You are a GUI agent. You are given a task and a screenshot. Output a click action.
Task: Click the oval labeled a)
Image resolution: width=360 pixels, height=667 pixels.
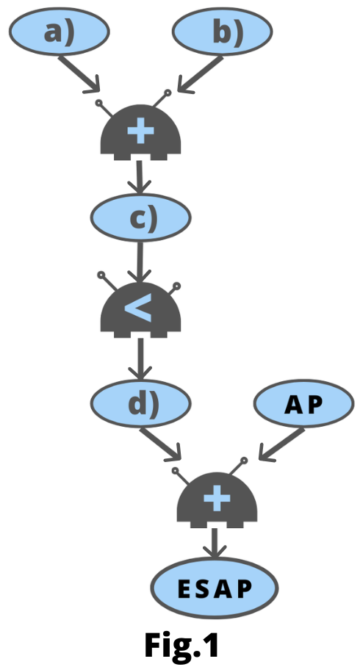(x=60, y=32)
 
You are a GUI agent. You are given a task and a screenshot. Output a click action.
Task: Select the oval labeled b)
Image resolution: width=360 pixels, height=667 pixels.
(x=222, y=32)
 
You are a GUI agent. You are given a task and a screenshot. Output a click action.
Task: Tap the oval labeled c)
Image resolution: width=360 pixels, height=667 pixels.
(x=140, y=217)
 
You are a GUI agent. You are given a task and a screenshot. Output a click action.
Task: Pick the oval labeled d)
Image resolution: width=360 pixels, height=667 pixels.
(x=140, y=403)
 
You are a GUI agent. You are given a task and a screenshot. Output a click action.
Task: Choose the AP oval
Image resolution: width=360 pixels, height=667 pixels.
(x=304, y=403)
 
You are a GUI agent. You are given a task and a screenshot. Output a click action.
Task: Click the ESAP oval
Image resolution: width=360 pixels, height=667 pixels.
(x=215, y=588)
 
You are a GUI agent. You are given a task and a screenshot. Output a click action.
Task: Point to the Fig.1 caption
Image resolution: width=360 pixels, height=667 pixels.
(x=181, y=645)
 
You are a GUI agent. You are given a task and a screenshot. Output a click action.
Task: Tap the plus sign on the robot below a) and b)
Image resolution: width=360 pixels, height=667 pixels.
(x=140, y=132)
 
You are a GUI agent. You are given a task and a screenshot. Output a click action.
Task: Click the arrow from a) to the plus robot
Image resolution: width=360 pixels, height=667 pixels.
(x=79, y=74)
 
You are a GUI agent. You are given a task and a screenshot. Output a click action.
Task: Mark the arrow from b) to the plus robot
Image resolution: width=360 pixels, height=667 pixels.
(x=200, y=75)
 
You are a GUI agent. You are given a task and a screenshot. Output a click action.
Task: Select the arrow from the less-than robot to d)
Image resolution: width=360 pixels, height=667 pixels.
(x=140, y=358)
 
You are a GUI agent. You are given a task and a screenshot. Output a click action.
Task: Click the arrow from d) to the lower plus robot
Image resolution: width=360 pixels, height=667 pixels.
(x=161, y=444)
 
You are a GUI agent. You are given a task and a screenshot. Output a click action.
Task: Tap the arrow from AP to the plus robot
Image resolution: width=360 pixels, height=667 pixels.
(x=281, y=445)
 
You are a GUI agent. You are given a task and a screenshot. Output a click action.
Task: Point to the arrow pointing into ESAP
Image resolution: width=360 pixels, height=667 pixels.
(x=215, y=543)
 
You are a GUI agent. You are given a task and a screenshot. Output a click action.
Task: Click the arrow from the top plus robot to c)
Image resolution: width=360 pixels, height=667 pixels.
(x=140, y=176)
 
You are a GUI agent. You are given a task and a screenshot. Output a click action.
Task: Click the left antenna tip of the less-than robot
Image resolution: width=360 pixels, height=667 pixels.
(x=101, y=275)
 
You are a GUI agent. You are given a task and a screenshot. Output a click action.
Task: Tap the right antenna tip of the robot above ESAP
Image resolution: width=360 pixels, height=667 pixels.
(x=244, y=461)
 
